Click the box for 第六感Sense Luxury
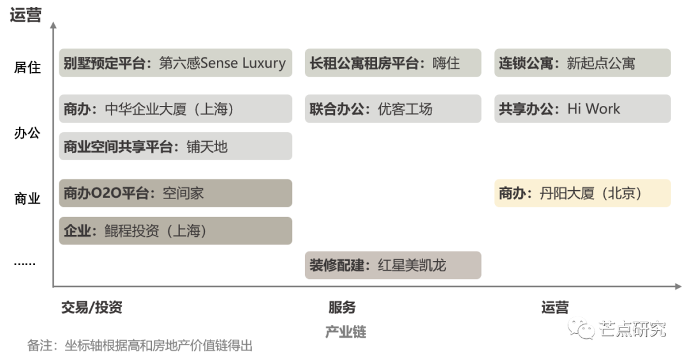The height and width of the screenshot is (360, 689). [175, 63]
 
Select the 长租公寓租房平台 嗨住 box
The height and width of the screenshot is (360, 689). [393, 63]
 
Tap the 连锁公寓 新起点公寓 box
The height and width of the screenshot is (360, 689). [582, 63]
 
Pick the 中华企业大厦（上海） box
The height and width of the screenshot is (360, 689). [175, 109]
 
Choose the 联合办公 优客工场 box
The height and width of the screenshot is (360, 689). [393, 109]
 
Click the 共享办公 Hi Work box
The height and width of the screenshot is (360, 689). [582, 109]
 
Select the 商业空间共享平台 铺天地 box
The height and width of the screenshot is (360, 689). [175, 146]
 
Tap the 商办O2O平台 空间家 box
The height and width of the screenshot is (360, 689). [175, 193]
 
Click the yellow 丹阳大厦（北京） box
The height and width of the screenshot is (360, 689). [582, 193]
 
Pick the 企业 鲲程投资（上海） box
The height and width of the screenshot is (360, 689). [175, 230]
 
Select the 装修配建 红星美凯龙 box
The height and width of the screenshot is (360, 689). [393, 265]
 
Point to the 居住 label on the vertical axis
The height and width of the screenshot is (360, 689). [27, 67]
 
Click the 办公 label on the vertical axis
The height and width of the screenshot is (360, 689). [27, 133]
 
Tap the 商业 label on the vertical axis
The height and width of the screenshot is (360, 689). [27, 199]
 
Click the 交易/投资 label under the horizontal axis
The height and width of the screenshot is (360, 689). [92, 307]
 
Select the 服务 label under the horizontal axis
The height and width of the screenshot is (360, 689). [342, 307]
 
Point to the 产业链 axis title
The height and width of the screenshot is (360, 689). [346, 332]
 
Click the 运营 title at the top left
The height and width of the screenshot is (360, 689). [26, 15]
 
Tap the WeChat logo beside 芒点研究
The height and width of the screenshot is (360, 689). [581, 328]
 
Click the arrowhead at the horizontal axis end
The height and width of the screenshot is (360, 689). [678, 287]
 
